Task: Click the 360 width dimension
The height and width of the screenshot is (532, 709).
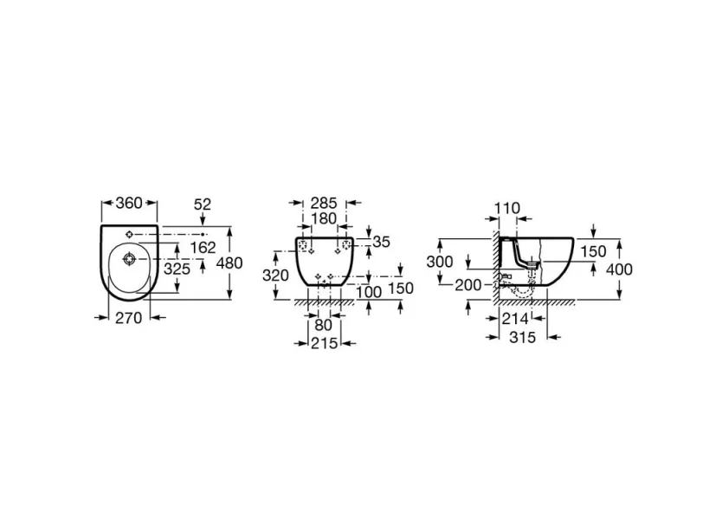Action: (x=129, y=204)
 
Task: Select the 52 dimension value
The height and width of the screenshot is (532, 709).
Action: (x=203, y=204)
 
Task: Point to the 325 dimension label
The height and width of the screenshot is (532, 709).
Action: (x=178, y=269)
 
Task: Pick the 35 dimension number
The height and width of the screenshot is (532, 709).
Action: (x=383, y=242)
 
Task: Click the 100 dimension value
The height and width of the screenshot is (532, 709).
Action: (x=370, y=292)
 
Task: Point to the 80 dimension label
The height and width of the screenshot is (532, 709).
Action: (x=324, y=327)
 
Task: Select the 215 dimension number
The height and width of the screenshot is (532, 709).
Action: (x=325, y=344)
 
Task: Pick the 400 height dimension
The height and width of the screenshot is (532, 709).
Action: (x=620, y=269)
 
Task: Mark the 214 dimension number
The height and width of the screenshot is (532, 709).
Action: (x=514, y=318)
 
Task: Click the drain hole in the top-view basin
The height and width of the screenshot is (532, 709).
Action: (x=129, y=258)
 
